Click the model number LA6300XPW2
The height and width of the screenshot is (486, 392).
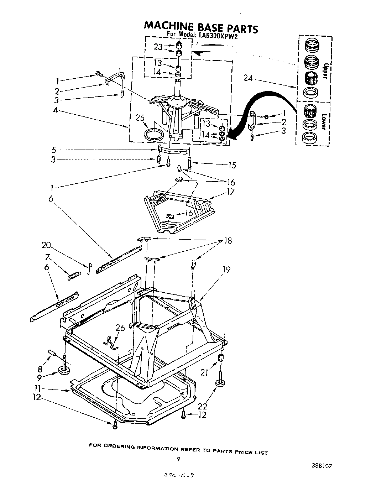218,35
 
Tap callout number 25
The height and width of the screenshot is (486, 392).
140,117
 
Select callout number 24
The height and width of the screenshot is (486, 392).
248,78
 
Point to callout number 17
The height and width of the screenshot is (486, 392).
230,192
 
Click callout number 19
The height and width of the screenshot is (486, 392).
226,270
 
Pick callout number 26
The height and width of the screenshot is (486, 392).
120,328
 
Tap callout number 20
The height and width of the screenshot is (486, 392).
46,245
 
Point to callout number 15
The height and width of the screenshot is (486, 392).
232,165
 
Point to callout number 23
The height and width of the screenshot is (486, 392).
158,47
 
